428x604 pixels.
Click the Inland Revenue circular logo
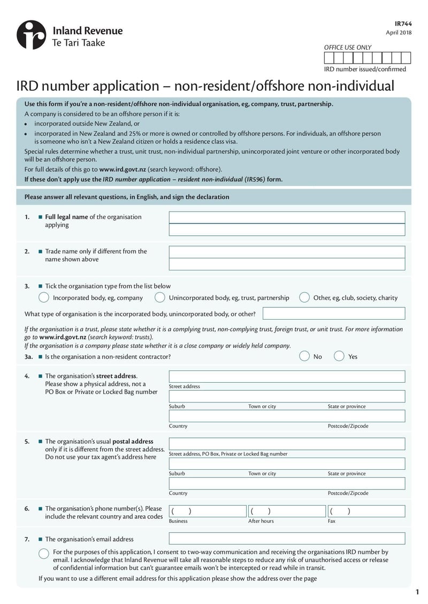pos(32,35)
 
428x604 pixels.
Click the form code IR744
pos(403,24)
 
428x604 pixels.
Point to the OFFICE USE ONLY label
pos(347,48)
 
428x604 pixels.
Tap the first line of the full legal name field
pos(287,217)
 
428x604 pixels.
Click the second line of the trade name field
pos(287,264)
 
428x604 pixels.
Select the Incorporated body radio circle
pos(44,298)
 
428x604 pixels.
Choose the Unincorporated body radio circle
pos(159,298)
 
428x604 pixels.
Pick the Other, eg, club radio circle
pos(304,298)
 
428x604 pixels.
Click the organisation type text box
pos(333,313)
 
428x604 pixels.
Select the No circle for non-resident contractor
pos(304,356)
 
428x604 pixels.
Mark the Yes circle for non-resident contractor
pos(339,356)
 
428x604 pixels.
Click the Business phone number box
pos(207,511)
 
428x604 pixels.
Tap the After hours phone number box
pos(286,511)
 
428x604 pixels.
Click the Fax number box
pos(366,511)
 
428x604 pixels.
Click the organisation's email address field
pos(287,538)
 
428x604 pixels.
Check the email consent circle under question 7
pos(44,553)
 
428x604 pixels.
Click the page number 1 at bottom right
pos(417,592)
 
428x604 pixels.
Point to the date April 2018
pos(399,33)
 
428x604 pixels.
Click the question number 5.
pos(27,442)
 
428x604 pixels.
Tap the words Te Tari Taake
pos(78,43)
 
